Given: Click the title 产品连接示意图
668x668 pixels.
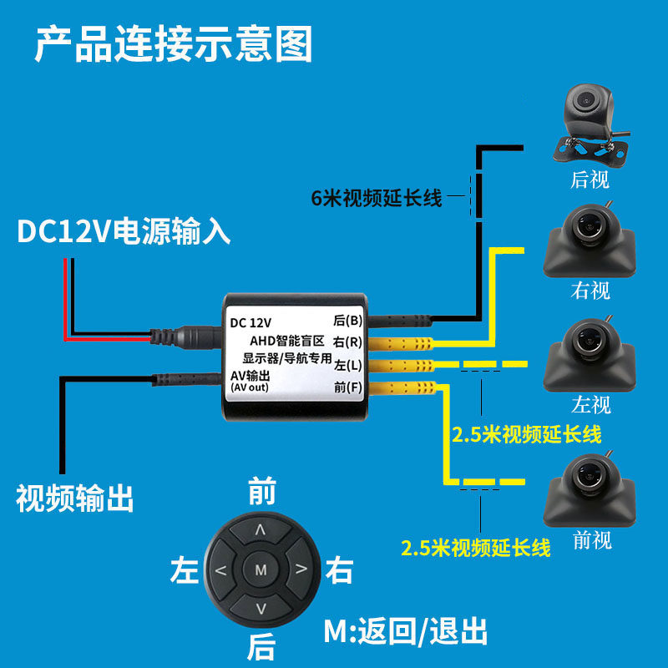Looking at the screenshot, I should pos(173,43).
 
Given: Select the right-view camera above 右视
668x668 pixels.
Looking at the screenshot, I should pos(589,240).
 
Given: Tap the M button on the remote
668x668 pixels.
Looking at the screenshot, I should pos(260,570).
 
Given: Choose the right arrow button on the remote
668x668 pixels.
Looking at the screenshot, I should pos(299,571).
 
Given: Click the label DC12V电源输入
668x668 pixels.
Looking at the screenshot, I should pos(124,231).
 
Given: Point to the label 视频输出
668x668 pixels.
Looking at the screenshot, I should pos(75,498).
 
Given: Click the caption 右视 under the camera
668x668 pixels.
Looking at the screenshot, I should pos(590,290).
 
